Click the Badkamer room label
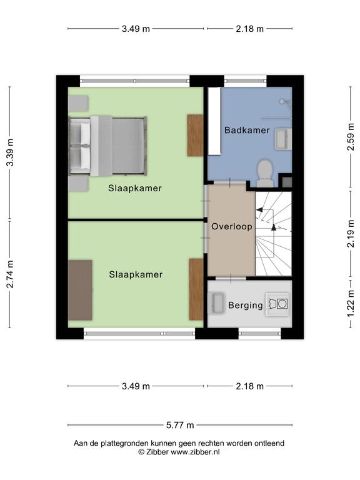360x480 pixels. tap(247, 130)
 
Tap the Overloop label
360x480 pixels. tap(232, 226)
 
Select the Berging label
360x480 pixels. tap(246, 305)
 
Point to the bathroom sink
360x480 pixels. tap(283, 139)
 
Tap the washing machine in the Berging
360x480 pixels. tap(277, 304)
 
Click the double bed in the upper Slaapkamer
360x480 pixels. tap(107, 146)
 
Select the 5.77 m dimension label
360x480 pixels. tap(180, 425)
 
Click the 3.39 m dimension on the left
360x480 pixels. tap(10, 152)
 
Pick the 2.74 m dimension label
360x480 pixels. tap(10, 274)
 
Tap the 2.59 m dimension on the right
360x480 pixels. tap(351, 137)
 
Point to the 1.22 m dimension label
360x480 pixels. tap(351, 304)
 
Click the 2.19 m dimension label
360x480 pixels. tap(351, 234)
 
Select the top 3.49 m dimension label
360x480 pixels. tap(136, 29)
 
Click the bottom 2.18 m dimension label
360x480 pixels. tap(249, 386)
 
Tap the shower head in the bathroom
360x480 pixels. tap(285, 102)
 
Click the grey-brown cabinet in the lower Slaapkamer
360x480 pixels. tap(80, 290)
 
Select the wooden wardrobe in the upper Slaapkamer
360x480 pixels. tap(195, 135)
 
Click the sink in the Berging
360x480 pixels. tap(217, 303)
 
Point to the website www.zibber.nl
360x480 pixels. tap(195, 452)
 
